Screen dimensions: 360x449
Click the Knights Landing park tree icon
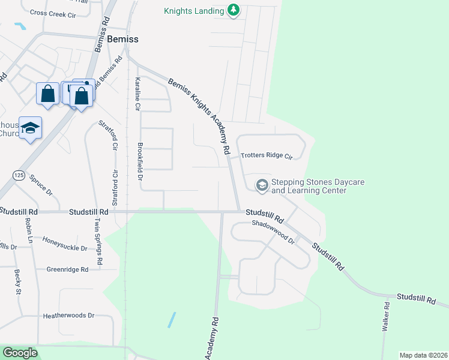tap(234, 10)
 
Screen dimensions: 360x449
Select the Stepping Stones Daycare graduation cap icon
tap(262, 185)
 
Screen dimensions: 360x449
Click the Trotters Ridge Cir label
tap(266, 156)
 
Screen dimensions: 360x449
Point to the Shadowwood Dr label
tap(274, 232)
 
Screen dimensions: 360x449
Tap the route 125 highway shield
tap(18, 175)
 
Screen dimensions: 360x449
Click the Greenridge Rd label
tap(67, 269)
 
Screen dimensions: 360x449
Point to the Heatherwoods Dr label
tap(68, 315)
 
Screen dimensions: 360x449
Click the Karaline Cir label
tap(137, 94)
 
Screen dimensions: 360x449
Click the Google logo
tap(20, 353)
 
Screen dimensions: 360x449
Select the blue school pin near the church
tap(30, 128)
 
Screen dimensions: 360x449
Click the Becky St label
tap(17, 282)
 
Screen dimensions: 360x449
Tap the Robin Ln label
tap(28, 230)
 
